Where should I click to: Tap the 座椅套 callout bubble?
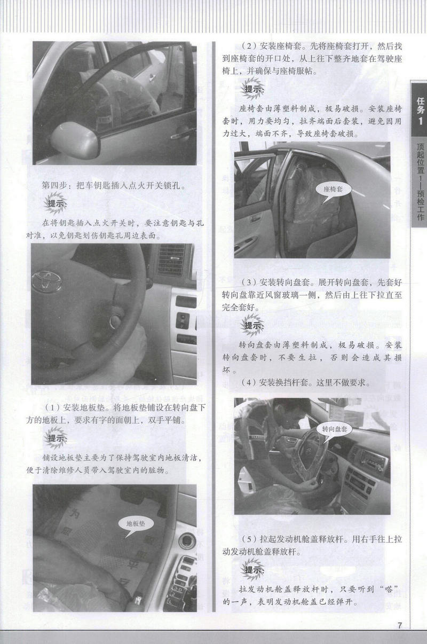(x=333, y=190)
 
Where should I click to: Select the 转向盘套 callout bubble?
(x=335, y=430)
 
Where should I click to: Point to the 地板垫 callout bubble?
(x=136, y=524)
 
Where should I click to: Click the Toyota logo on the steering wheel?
(x=47, y=281)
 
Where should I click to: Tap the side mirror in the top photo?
(x=75, y=140)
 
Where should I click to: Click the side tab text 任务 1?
(x=421, y=111)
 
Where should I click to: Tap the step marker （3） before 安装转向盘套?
(x=249, y=282)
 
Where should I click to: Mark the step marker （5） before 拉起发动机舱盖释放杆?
(x=249, y=538)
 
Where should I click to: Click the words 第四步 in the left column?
(x=54, y=185)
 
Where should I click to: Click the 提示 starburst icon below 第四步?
(x=56, y=203)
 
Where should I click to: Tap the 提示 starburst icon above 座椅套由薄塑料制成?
(x=253, y=89)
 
